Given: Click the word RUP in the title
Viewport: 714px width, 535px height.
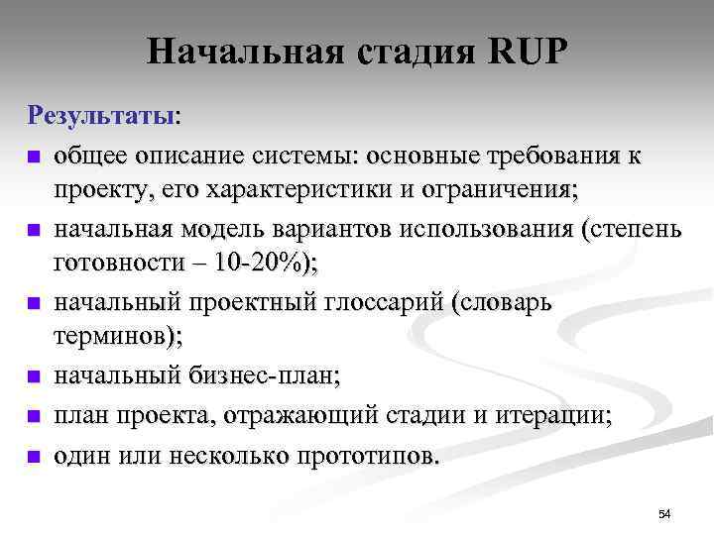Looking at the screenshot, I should (x=530, y=52).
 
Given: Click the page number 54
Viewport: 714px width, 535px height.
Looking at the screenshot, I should (x=664, y=513).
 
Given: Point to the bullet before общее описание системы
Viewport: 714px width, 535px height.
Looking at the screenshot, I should (x=34, y=157).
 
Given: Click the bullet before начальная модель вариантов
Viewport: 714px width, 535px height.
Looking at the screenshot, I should (x=34, y=230).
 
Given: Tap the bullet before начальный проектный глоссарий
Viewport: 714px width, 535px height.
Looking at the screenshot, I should (x=34, y=303).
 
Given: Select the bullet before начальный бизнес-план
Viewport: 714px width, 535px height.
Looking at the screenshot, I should (x=34, y=376).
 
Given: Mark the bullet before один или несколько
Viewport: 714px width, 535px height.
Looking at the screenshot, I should (x=34, y=457).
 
